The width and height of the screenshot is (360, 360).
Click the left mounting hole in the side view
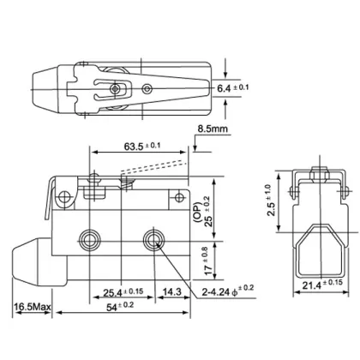click(89, 237)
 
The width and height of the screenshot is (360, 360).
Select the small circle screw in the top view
click(149, 87)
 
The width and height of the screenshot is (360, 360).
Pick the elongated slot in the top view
click(112, 87)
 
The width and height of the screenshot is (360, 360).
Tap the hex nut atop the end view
click(312, 174)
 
